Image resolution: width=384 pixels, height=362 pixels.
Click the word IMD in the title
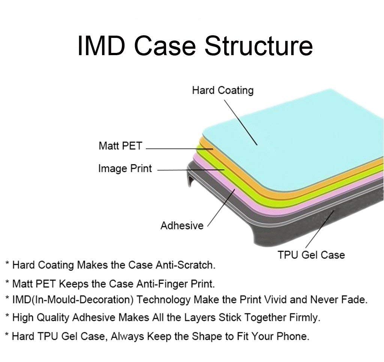point(101,45)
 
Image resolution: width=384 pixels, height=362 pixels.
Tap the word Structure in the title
point(259,45)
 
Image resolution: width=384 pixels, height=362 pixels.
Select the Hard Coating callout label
point(223,90)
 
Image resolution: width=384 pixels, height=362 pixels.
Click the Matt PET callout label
point(120,146)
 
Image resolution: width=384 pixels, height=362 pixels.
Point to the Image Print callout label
point(125,168)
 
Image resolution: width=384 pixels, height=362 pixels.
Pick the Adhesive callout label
point(182,225)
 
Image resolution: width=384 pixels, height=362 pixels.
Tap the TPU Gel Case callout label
point(311,255)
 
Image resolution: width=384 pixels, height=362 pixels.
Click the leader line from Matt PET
point(180,149)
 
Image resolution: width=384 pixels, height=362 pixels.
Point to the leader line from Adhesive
point(221,208)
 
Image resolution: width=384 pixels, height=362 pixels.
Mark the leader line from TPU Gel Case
point(319,229)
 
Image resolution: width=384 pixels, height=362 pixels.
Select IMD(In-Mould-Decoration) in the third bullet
point(73,300)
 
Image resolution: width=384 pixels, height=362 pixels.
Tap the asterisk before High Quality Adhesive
point(7,316)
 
